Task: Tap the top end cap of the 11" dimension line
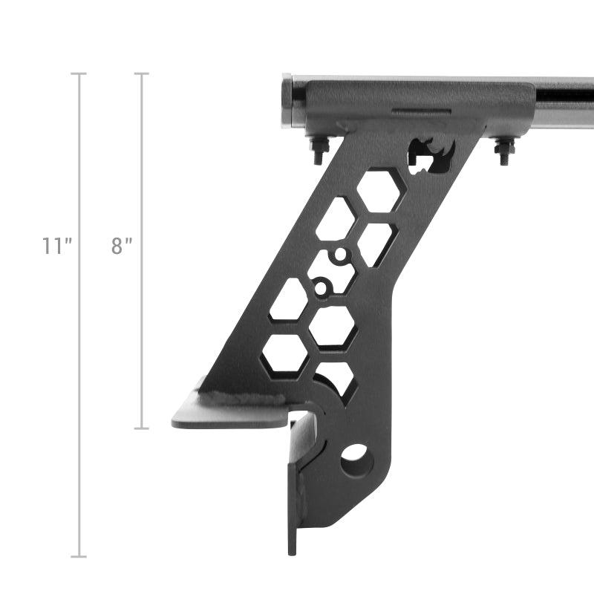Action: [x=79, y=74]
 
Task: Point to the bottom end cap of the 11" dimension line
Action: [x=79, y=556]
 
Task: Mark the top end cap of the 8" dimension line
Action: [x=142, y=74]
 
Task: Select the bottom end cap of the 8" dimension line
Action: [x=142, y=428]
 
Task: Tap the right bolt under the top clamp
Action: [x=503, y=151]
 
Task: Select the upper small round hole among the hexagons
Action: [x=340, y=256]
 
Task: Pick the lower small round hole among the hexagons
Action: [x=321, y=287]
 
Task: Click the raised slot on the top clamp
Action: [x=421, y=112]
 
